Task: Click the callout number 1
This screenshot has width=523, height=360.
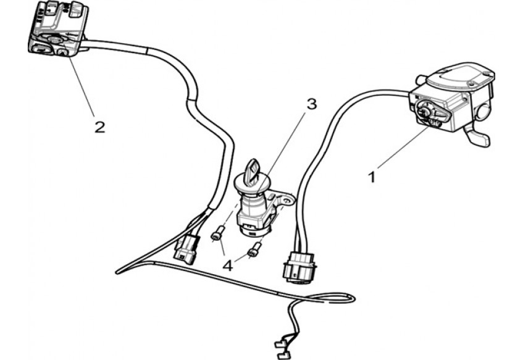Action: click(x=372, y=177)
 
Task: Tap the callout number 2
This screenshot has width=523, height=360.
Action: click(x=99, y=127)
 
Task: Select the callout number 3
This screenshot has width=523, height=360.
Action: click(x=311, y=104)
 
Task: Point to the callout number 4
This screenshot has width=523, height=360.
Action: click(x=228, y=266)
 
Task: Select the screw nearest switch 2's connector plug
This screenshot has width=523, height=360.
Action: click(x=217, y=233)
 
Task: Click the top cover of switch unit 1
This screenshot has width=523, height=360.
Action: click(x=461, y=77)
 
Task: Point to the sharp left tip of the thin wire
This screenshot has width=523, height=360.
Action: click(x=117, y=272)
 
